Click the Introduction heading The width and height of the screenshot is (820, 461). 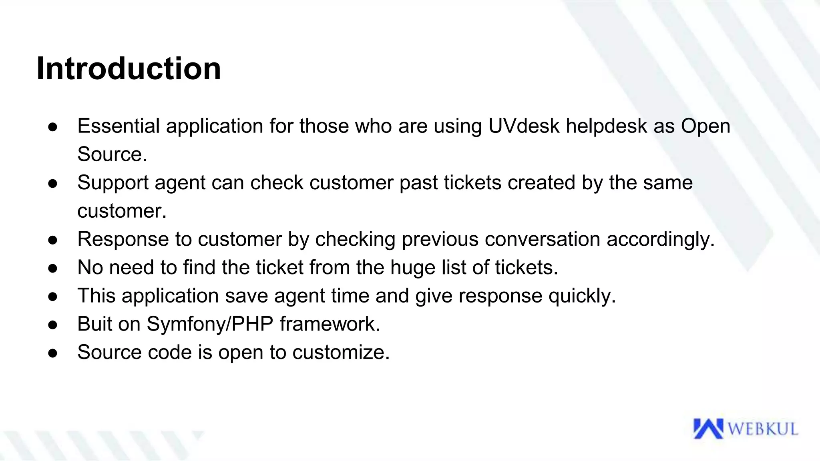coord(129,69)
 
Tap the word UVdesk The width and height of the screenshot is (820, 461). coord(524,126)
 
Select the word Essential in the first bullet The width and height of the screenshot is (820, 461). coord(119,126)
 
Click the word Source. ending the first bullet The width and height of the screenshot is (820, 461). coord(112,154)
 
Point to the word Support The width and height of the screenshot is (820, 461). coord(113,183)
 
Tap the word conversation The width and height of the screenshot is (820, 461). coord(542,239)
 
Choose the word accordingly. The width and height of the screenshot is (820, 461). coord(661,239)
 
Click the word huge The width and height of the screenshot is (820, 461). coord(413,268)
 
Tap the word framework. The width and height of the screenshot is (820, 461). coord(330,324)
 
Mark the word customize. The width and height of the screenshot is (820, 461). coord(341,353)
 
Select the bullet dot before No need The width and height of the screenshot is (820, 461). coord(53,269)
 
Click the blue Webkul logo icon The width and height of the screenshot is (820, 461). coord(708,429)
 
